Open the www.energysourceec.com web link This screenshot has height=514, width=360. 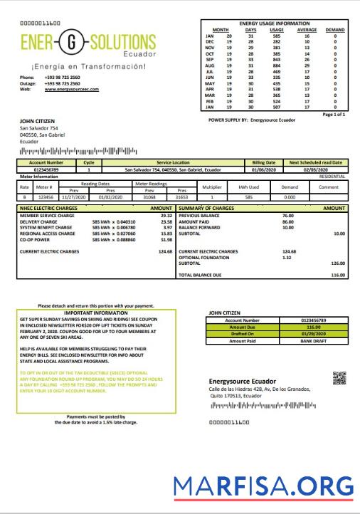(x=69, y=89)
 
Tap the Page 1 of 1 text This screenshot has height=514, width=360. (x=334, y=114)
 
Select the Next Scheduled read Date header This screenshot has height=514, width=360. (x=315, y=162)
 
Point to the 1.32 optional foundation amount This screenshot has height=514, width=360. (x=286, y=257)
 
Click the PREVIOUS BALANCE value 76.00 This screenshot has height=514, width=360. (x=287, y=214)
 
